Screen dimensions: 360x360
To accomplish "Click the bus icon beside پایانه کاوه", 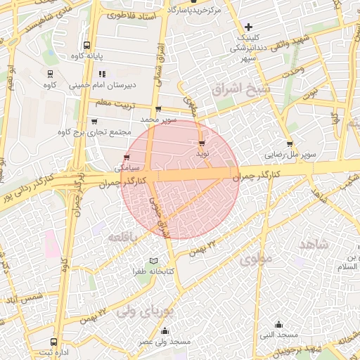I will pos(86,44).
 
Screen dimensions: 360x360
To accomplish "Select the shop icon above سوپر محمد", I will pos(157,109).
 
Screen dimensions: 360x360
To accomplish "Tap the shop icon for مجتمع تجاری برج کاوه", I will pos(94,121).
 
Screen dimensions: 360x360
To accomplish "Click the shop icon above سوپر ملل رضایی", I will pos(290,143).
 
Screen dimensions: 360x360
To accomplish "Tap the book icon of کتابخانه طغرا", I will pos(143,261).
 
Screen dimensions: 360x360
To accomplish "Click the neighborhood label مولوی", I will pos(256,258).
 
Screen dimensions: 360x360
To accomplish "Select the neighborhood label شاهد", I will pos(314,244).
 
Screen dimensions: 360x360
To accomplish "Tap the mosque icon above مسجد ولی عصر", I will pos(165,331).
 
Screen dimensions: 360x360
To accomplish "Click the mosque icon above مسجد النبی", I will pos(279,325).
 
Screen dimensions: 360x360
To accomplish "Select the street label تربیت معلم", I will pos(114,103).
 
